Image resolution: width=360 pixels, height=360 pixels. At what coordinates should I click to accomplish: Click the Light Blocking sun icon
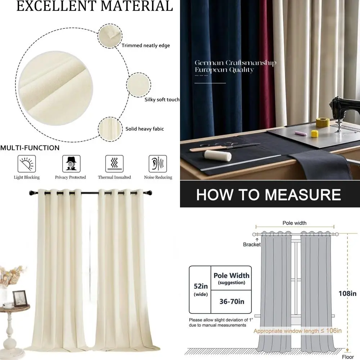pos(27,164)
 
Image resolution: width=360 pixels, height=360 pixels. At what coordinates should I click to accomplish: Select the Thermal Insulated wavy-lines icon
pos(114,164)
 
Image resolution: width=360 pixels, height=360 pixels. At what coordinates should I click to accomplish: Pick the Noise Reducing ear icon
pos(158,164)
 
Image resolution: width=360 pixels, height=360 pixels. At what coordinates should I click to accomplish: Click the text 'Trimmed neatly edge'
pos(145,46)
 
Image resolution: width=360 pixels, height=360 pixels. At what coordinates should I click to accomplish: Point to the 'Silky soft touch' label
pos(162,99)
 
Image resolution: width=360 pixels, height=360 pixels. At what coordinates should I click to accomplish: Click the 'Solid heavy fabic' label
pos(145,129)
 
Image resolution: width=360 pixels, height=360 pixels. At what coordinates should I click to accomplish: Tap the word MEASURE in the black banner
pos(302,195)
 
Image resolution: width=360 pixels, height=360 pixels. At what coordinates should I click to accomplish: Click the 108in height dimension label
pos(347,294)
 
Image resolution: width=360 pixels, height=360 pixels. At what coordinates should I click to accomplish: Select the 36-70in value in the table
pos(231,301)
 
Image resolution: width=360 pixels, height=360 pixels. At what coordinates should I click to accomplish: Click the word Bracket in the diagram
pos(252,244)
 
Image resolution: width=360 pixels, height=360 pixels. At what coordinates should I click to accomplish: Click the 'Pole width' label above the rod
pos(294,223)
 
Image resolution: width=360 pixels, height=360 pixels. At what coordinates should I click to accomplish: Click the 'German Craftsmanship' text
pos(235,63)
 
